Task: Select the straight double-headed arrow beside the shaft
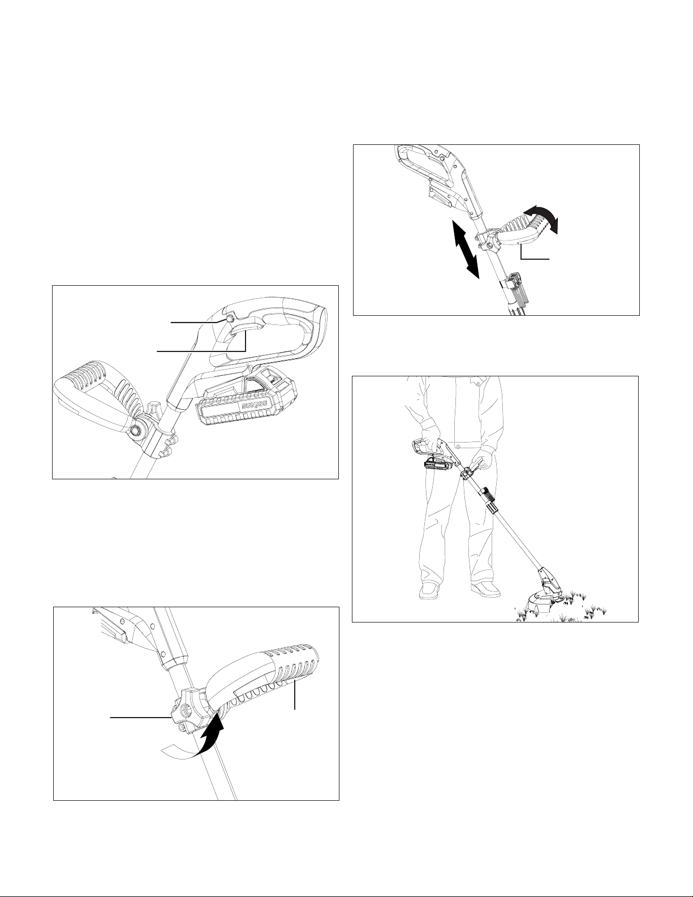point(466,250)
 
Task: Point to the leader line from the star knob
point(140,718)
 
